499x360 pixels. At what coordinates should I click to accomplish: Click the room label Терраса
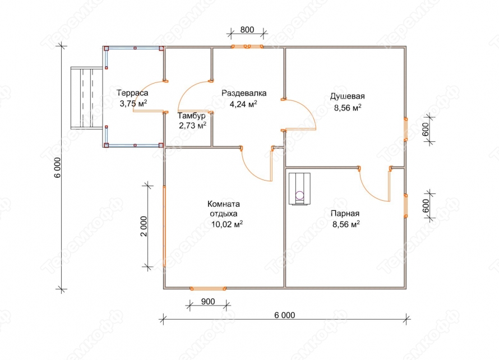132,93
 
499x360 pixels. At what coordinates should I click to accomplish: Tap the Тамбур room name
192,116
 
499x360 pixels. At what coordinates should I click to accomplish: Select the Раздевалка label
244,93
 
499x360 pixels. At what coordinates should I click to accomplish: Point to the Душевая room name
347,96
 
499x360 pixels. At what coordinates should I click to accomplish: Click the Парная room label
345,214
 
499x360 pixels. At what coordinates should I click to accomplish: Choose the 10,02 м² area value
227,224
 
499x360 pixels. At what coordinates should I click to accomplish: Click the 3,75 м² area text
133,104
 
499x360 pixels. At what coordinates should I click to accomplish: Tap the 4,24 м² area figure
243,104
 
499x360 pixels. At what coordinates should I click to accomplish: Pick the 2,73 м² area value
192,126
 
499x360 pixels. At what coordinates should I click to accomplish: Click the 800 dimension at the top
247,30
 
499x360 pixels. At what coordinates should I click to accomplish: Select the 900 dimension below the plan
208,302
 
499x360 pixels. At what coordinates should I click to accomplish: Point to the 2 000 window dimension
144,227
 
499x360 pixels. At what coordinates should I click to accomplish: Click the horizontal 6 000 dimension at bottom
284,315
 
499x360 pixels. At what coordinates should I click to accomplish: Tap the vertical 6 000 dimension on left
57,167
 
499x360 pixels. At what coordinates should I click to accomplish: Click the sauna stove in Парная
299,189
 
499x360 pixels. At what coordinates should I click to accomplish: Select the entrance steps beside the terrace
86,98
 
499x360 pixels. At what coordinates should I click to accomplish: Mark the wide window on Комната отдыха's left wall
164,226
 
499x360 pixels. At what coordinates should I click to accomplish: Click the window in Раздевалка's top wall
247,47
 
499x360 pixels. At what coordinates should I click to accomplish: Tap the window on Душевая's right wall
406,129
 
